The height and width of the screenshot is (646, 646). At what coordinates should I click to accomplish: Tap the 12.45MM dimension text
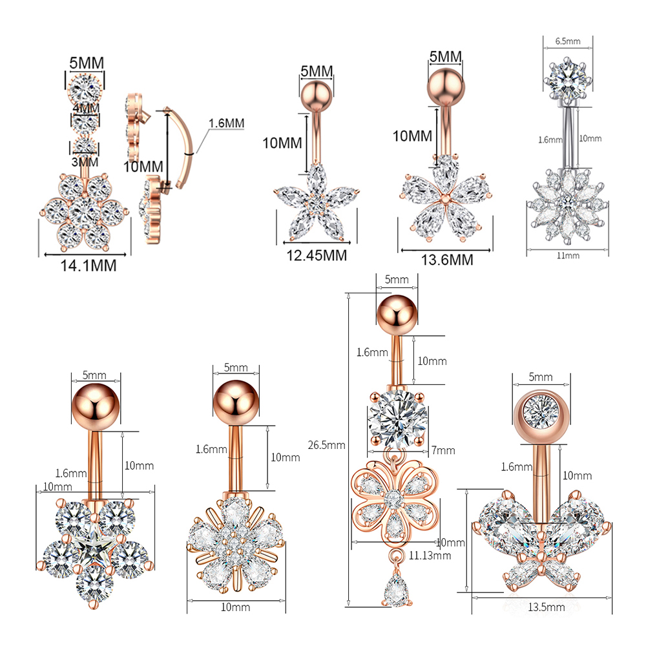click(316, 255)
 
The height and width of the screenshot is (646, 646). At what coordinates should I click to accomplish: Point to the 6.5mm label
click(568, 41)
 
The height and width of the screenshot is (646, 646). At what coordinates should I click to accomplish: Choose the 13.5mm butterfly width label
click(547, 607)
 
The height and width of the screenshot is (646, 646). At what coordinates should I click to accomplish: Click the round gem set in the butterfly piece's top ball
click(541, 408)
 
